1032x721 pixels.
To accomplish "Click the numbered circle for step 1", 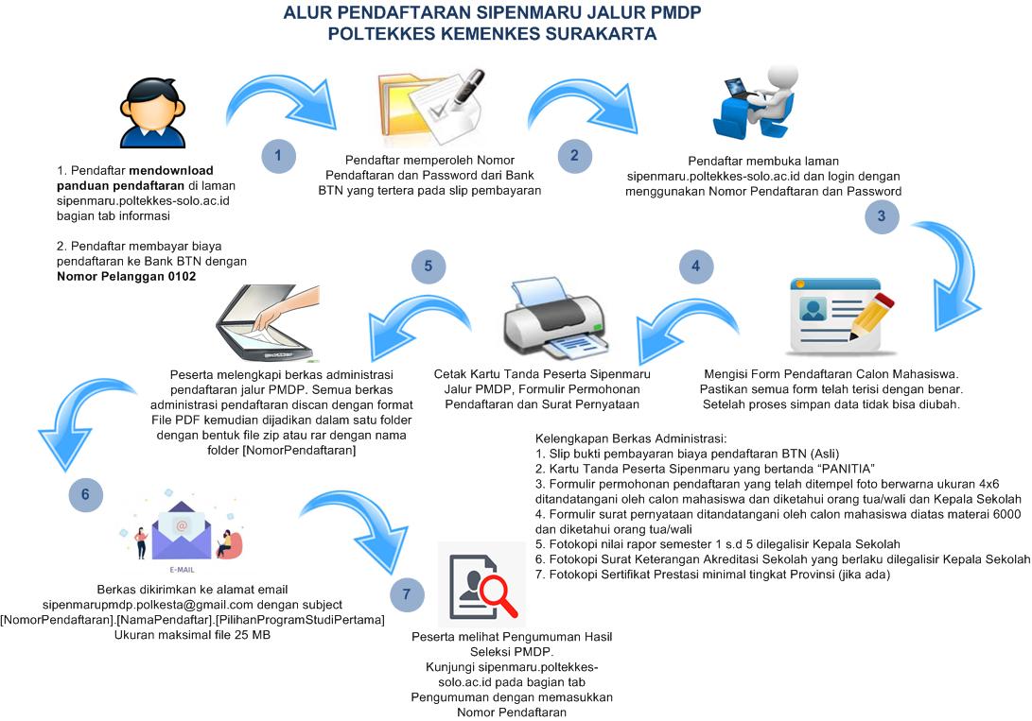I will point(277,156).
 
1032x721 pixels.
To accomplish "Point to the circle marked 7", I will point(407,594).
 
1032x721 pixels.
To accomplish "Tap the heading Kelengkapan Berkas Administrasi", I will point(631,439).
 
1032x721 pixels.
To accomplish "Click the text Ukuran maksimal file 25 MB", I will point(192,635).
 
